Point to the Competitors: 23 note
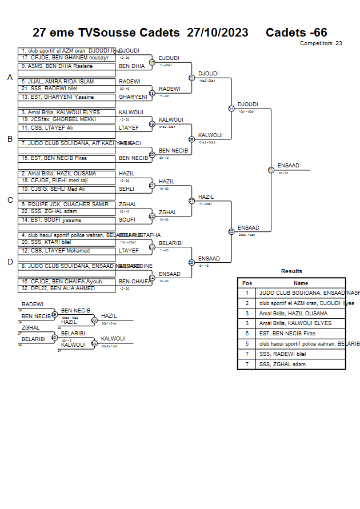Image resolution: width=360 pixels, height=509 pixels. (321, 43)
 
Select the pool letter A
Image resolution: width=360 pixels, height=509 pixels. (10, 77)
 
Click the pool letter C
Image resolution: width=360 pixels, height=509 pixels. (10, 200)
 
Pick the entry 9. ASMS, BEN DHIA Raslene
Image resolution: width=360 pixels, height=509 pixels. (57, 66)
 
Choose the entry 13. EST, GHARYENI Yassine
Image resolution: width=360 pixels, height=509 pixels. (57, 97)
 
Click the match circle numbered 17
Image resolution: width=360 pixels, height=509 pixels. (152, 62)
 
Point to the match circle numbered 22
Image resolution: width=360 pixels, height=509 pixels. (152, 216)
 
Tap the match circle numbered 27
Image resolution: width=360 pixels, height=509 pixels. (191, 201)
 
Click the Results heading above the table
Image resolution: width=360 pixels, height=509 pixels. (291, 271)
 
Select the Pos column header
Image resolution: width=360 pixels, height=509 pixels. (247, 283)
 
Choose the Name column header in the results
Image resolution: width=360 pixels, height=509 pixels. (301, 283)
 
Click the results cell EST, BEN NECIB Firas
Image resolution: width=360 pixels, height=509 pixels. (286, 334)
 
